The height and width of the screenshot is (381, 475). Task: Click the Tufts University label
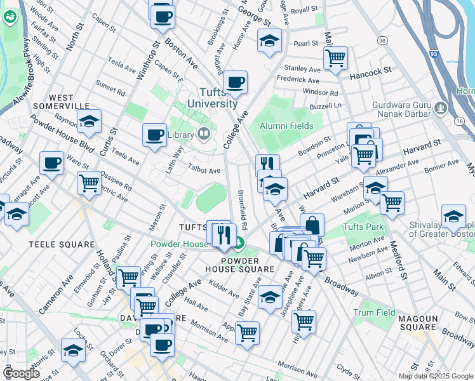(210, 97)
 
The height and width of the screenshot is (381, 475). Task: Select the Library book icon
(204, 133)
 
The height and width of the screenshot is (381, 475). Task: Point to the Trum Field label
(374, 312)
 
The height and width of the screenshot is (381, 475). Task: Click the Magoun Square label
(420, 323)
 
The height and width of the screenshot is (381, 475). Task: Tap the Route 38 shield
(382, 41)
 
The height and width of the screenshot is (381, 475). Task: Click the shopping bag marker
(312, 225)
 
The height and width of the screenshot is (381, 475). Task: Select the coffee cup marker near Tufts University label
(235, 81)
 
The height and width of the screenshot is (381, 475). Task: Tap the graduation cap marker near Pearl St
(269, 41)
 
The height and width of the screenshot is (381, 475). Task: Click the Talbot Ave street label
(204, 170)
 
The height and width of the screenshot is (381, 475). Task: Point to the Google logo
(20, 373)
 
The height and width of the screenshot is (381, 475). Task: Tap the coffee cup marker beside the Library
(154, 135)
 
